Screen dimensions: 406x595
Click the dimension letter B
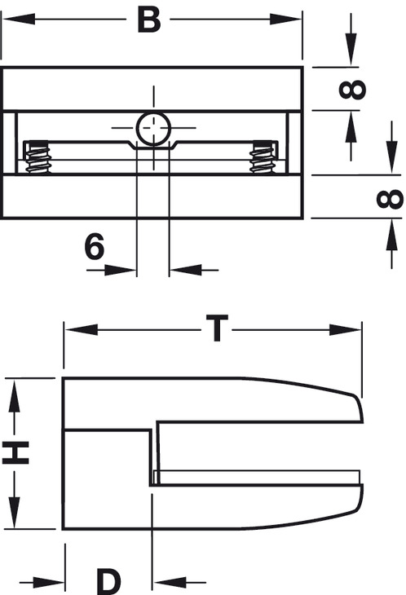tap(148, 20)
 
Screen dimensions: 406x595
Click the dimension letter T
tap(217, 328)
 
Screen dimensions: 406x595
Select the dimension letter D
tap(108, 581)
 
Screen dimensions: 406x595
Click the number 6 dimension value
tap(94, 246)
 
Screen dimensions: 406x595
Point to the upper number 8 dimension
tap(352, 90)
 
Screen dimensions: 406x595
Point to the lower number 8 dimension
tap(390, 199)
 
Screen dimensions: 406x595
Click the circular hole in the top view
tap(153, 129)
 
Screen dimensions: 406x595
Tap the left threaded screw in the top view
tap(38, 157)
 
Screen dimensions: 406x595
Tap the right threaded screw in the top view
tap(263, 157)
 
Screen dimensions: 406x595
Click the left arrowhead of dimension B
tap(18, 19)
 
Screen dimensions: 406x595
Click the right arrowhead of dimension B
tap(285, 19)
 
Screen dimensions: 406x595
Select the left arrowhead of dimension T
tap(82, 329)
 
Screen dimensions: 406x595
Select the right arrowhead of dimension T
tap(345, 329)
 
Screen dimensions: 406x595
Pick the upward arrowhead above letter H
tap(15, 396)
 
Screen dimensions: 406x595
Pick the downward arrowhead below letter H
tap(15, 512)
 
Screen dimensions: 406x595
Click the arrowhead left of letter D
tap(49, 581)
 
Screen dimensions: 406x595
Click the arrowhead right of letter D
tap(170, 581)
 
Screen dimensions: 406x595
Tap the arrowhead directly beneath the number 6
tap(120, 270)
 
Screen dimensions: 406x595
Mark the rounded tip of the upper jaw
tap(360, 408)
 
